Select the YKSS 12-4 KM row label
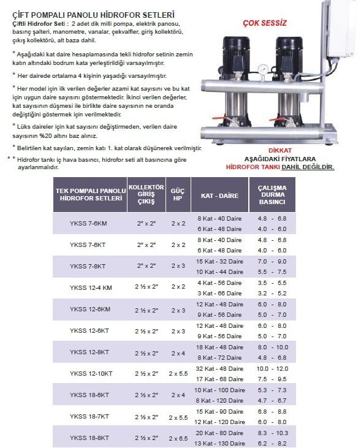[x=91, y=287]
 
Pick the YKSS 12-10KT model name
[x=91, y=373]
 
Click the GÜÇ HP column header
[x=178, y=195]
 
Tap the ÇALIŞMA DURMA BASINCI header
[x=272, y=195]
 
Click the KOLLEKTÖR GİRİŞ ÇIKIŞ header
[x=146, y=195]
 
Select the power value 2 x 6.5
[x=178, y=438]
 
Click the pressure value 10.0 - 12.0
[x=272, y=368]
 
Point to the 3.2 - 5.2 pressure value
[x=272, y=293]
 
